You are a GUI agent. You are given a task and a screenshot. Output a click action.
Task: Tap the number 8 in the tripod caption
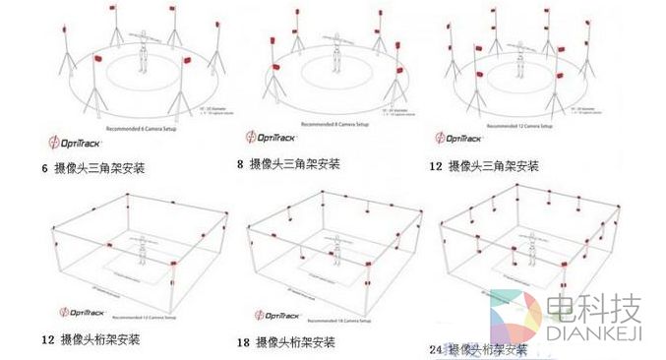pos(241,164)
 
